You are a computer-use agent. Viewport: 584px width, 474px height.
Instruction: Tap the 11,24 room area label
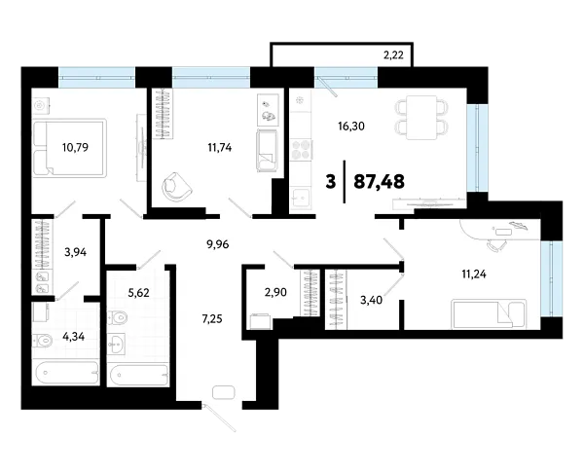coord(476,273)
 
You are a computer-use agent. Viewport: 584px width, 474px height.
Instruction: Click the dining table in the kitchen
coord(421,115)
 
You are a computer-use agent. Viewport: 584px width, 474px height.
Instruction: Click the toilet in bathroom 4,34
coord(42,340)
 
